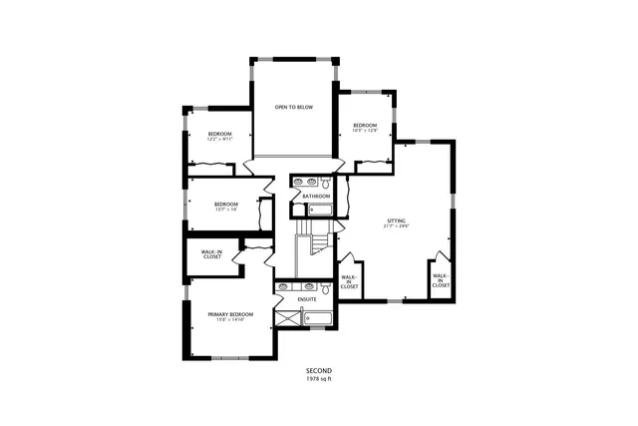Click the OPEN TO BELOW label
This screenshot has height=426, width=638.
pyautogui.click(x=294, y=107)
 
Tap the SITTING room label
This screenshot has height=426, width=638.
pyautogui.click(x=398, y=219)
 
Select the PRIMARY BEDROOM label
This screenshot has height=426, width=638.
pyautogui.click(x=230, y=314)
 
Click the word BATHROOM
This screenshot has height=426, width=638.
pyautogui.click(x=317, y=197)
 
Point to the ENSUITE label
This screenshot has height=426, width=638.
pyautogui.click(x=307, y=298)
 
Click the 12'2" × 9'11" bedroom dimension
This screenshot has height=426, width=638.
pyautogui.click(x=219, y=140)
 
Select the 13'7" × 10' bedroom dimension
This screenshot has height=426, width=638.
pyautogui.click(x=225, y=210)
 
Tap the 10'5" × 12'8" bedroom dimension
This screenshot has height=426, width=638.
pyautogui.click(x=363, y=130)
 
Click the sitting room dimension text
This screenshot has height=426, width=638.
pyautogui.click(x=398, y=226)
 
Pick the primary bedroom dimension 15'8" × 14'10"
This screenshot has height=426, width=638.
pyautogui.click(x=230, y=321)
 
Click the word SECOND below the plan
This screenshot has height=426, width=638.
pyautogui.click(x=318, y=371)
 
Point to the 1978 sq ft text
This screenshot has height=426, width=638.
pyautogui.click(x=318, y=379)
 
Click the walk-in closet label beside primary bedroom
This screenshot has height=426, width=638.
pyautogui.click(x=211, y=255)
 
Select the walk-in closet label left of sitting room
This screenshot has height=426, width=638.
pyautogui.click(x=349, y=281)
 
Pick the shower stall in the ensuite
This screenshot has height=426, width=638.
pyautogui.click(x=288, y=318)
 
